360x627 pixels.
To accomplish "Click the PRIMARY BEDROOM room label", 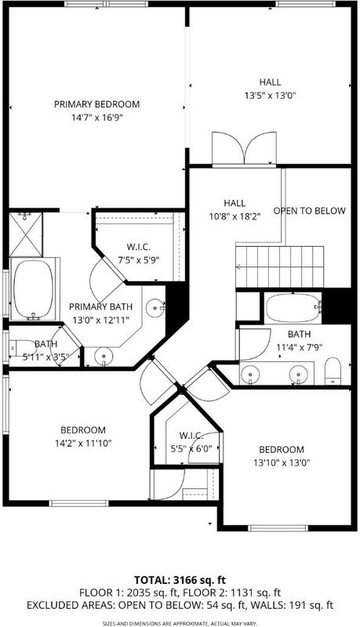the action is [x=96, y=104].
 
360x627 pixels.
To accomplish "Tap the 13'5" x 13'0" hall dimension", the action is [x=270, y=96].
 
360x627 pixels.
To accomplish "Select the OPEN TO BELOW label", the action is [x=309, y=211].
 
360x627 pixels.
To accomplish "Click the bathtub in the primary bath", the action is [x=33, y=288].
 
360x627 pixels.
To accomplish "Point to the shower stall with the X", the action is [x=26, y=234].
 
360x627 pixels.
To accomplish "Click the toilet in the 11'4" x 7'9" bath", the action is [x=333, y=371].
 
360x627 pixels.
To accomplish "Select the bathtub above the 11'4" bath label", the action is [x=293, y=307].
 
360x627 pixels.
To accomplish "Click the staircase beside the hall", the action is [x=279, y=266].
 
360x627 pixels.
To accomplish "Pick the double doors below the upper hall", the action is [x=245, y=148].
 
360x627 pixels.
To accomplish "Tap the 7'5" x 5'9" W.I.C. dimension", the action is [x=137, y=260].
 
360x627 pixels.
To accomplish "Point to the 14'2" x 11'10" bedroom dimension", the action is [x=83, y=443].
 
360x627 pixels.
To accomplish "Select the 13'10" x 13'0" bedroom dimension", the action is [x=282, y=462].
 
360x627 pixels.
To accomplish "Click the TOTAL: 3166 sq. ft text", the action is [x=176, y=580].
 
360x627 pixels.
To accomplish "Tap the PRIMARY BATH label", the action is [x=101, y=306].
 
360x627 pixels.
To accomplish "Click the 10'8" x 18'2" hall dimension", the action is [x=235, y=217].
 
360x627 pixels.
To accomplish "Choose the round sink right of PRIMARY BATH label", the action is [x=155, y=307].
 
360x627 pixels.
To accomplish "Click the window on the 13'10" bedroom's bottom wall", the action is [x=278, y=528].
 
